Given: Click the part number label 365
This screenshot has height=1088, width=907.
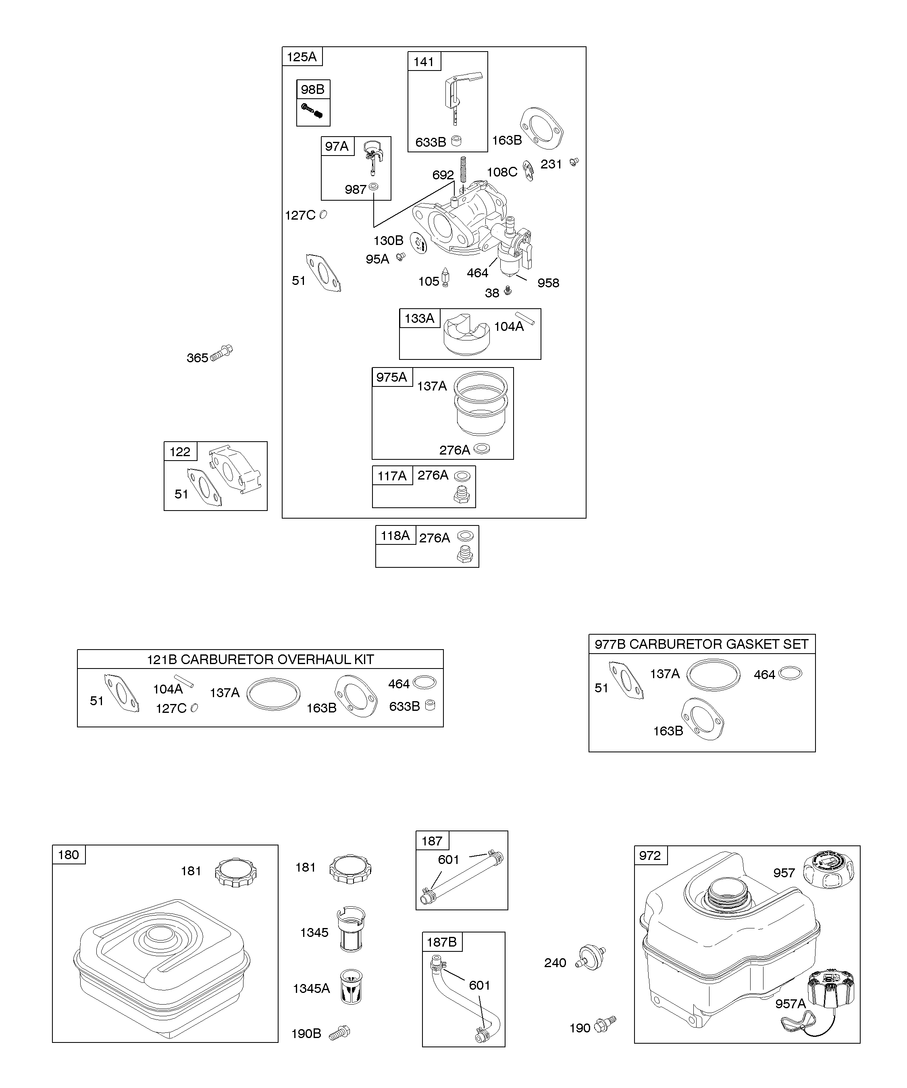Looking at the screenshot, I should click(197, 358).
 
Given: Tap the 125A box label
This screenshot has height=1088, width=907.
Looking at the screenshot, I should click(302, 56).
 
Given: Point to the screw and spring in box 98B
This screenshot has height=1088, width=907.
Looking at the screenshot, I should click(312, 110).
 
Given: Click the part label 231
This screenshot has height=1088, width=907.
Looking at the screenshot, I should click(551, 164).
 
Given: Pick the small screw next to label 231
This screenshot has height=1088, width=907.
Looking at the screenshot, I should click(574, 162).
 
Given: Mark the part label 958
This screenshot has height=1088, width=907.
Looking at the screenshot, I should click(548, 283).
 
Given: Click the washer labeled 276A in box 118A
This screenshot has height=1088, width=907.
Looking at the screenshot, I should click(466, 536).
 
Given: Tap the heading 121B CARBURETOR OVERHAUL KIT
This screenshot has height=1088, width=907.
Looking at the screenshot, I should click(260, 660).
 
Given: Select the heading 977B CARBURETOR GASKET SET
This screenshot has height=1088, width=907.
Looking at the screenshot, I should click(701, 644).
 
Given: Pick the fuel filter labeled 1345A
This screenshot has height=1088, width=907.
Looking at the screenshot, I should click(351, 987).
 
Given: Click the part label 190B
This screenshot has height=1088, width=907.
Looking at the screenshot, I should click(306, 1034).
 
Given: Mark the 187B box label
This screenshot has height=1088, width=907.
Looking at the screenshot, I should click(441, 942).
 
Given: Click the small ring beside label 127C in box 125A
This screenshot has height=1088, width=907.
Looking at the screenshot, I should click(323, 214).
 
